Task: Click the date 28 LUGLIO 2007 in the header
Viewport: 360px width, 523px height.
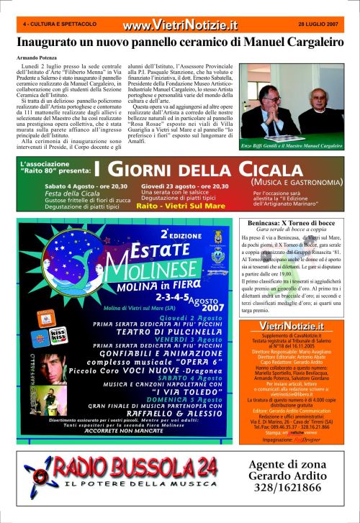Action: pos(318,24)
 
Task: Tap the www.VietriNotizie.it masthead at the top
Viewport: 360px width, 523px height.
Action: pos(179,26)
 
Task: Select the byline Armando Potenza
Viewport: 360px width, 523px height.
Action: pos(37,57)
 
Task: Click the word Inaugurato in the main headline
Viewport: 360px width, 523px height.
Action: pos(50,42)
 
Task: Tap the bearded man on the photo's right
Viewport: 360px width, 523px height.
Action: pos(317,108)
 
